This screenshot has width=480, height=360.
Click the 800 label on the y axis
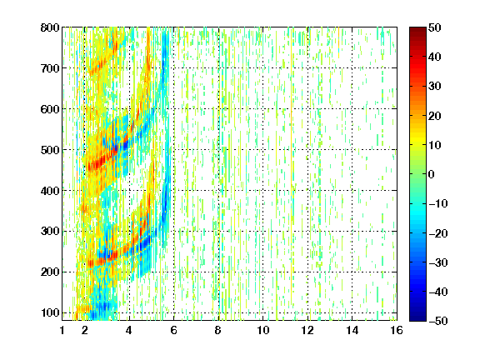pyautogui.click(x=50, y=27)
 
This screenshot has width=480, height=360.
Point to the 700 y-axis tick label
pyautogui.click(x=50, y=68)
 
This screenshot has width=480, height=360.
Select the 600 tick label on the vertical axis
pyautogui.click(x=50, y=109)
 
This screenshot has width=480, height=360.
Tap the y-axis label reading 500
pyautogui.click(x=50, y=150)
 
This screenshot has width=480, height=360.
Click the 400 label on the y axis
pyautogui.click(x=50, y=191)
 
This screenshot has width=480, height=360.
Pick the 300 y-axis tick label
pyautogui.click(x=50, y=231)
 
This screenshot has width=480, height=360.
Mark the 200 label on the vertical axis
pyautogui.click(x=50, y=272)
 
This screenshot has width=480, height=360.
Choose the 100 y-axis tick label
pyautogui.click(x=50, y=312)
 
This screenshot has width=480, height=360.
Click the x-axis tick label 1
pyautogui.click(x=62, y=330)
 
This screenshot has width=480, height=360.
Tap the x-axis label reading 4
pyautogui.click(x=129, y=330)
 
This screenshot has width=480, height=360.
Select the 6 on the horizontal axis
pyautogui.click(x=173, y=330)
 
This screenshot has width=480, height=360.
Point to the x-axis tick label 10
pyautogui.click(x=263, y=330)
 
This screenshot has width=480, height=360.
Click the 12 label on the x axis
pyautogui.click(x=307, y=330)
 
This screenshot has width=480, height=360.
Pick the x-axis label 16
pyautogui.click(x=397, y=330)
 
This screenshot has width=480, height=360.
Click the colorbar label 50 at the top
pyautogui.click(x=434, y=27)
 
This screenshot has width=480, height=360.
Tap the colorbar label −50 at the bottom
pyautogui.click(x=438, y=321)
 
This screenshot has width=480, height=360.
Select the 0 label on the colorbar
pyautogui.click(x=432, y=174)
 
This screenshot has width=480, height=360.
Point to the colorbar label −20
pyautogui.click(x=438, y=233)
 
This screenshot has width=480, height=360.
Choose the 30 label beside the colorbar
pyautogui.click(x=434, y=86)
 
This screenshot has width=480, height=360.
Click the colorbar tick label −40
pyautogui.click(x=438, y=292)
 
